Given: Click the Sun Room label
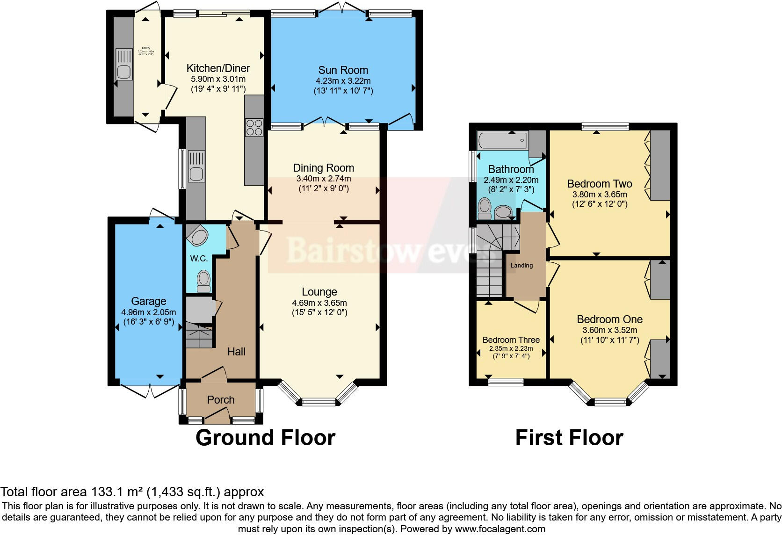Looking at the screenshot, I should click(343, 70).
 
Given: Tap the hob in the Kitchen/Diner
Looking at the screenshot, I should click(254, 127).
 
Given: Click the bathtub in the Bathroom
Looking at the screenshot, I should click(502, 140).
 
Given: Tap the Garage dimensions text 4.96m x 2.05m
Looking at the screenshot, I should click(148, 312).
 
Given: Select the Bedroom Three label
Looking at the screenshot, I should click(511, 340).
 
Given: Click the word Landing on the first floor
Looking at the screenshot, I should click(521, 265).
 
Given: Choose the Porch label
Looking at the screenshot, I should click(221, 400).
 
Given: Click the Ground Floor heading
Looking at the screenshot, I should click(265, 438).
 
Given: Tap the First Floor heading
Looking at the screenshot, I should click(569, 438).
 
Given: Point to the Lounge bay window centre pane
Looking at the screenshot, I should click(319, 401).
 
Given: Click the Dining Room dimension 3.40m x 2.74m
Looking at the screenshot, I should click(323, 179).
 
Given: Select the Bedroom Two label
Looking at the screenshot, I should click(599, 184).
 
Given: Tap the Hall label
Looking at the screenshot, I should click(236, 352).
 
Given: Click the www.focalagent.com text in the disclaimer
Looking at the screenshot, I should click(500, 529).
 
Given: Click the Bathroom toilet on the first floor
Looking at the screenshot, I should click(485, 208).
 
